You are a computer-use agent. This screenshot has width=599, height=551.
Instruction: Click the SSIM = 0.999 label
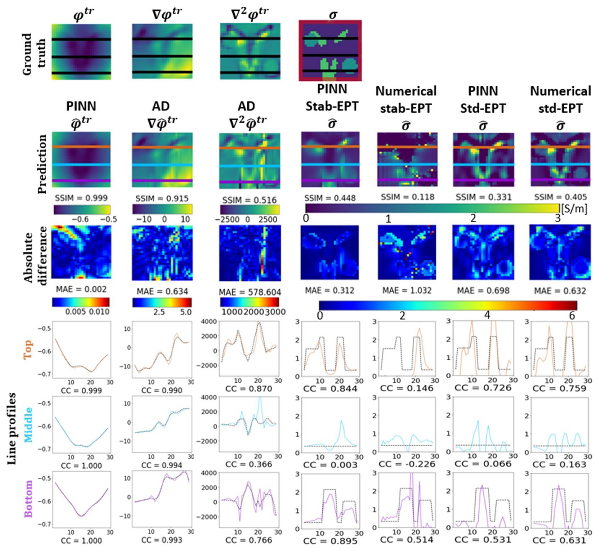pos(81,198)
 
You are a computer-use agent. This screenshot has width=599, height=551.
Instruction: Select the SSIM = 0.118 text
pos(408,197)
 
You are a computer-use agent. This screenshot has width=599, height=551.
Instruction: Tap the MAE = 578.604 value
pos(250,292)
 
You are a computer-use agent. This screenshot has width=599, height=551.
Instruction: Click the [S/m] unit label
pos(574,209)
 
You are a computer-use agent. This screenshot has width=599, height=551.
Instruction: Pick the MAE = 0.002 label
pos(81,289)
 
